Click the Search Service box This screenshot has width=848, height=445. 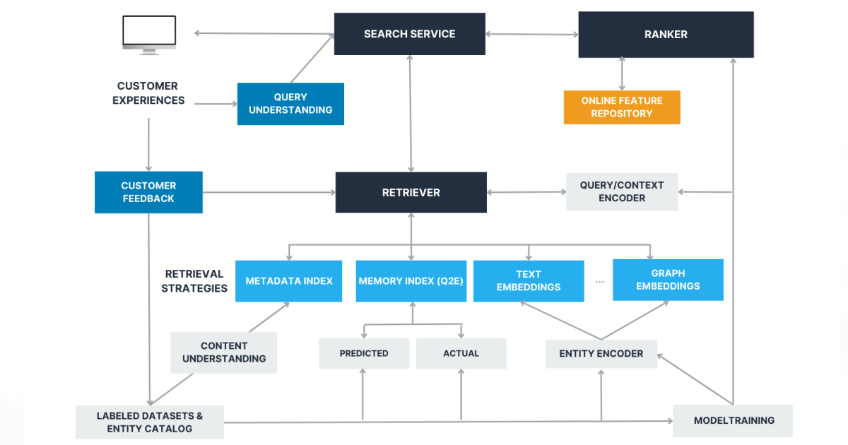[x=409, y=34]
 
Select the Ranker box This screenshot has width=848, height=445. [x=666, y=34]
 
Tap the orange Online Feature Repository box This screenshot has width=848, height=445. [x=622, y=107]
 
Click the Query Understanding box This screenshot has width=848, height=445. [x=290, y=104]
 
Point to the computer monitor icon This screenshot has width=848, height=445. [x=148, y=33]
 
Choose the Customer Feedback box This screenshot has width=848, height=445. [x=148, y=192]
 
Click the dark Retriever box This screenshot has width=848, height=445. [x=411, y=192]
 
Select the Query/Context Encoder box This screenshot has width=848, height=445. [x=622, y=191]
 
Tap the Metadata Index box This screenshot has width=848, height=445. [x=288, y=281]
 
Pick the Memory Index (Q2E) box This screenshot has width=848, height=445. [x=411, y=281]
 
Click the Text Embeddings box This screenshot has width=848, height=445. [x=529, y=281]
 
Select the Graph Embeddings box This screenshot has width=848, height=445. [x=668, y=280]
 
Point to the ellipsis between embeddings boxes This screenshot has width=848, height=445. [x=599, y=281]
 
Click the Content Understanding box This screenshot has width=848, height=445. [x=224, y=352]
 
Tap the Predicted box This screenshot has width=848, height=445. [x=364, y=353]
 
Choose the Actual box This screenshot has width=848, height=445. [x=461, y=353]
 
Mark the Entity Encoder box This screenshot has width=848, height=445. [x=601, y=353]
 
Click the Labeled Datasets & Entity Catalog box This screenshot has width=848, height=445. [x=150, y=422]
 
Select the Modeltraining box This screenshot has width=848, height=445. [x=733, y=421]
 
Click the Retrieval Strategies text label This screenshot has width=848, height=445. [x=194, y=281]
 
